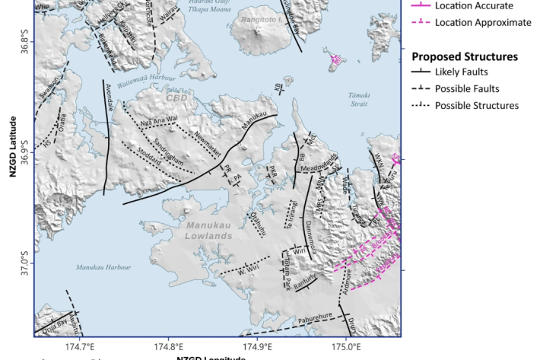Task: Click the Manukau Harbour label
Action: [x=103, y=267]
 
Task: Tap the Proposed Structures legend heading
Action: [x=465, y=56]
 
